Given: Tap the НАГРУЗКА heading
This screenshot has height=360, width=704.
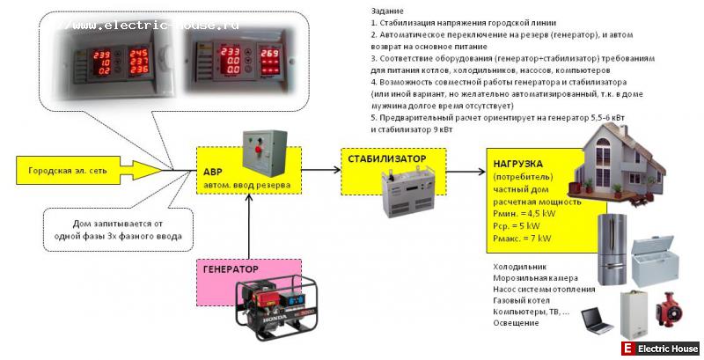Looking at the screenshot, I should [x=518, y=164].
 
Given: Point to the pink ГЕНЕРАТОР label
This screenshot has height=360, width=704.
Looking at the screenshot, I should [x=231, y=269].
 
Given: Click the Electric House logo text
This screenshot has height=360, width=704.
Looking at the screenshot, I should [x=667, y=349].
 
